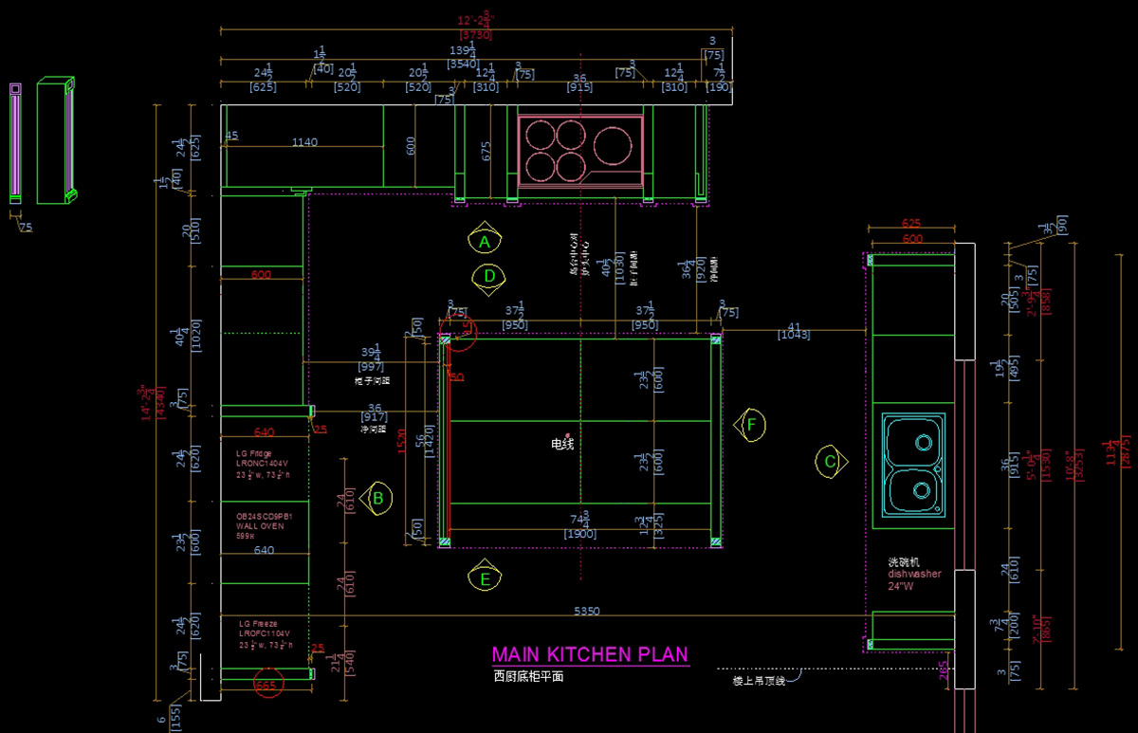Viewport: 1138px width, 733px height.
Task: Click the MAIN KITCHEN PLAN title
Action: pos(590,655)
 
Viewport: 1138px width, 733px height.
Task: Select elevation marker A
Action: pos(485,242)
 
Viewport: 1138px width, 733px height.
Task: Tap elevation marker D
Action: pos(489,276)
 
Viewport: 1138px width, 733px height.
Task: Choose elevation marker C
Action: pos(829,462)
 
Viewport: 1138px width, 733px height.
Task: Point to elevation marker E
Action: pos(486,577)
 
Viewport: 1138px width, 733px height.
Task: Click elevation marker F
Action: pos(751,425)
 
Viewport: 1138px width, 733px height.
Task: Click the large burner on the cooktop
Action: pos(613,144)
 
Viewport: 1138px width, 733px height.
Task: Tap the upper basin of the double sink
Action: pos(921,441)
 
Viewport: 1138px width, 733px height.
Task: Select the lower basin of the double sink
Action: pos(921,489)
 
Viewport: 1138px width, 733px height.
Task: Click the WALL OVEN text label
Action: pos(260,525)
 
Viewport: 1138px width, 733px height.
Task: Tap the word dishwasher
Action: pos(914,574)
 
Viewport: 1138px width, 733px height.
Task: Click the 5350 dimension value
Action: pos(586,612)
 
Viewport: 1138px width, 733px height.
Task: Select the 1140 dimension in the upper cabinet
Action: pos(304,142)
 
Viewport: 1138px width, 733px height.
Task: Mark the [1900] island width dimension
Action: pos(579,535)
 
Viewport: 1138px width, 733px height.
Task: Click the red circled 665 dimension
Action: pos(267,685)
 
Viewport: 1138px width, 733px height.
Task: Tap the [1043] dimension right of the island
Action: pos(794,335)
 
